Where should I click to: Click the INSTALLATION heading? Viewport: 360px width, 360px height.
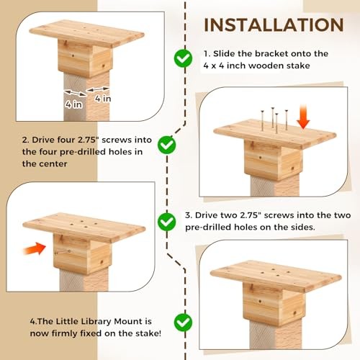274,24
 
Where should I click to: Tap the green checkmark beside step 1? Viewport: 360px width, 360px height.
184,58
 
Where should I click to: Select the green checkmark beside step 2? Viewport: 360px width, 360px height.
167,145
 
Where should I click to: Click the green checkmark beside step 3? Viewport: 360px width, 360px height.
167,219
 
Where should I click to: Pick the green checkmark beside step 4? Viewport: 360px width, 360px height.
184,322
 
